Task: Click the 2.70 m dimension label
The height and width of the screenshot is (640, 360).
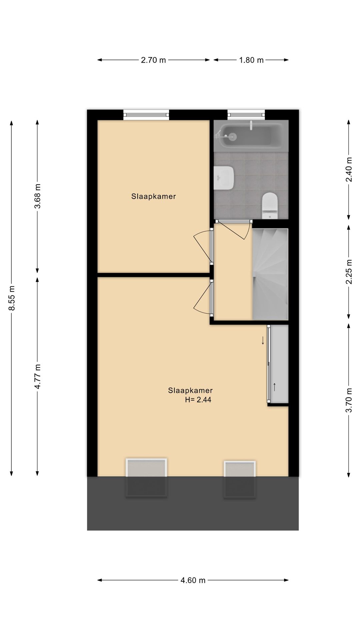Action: [153, 60]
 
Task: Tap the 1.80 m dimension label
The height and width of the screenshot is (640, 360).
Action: [251, 60]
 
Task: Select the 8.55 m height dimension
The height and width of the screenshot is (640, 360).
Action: [12, 298]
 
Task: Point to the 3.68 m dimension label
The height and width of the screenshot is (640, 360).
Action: [37, 196]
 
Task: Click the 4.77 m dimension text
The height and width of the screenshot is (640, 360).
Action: [37, 376]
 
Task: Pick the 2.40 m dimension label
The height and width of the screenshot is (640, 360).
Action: [349, 169]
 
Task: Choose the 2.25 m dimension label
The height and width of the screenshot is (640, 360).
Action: [349, 272]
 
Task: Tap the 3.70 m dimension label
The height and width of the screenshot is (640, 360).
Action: [349, 400]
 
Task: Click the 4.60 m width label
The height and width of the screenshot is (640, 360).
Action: [193, 580]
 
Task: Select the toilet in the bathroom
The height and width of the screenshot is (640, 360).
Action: [270, 206]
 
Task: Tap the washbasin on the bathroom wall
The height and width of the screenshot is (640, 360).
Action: [224, 178]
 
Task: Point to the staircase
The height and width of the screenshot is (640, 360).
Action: [270, 274]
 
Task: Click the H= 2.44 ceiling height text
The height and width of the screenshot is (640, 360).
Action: [198, 400]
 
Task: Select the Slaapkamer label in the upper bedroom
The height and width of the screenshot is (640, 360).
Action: [153, 196]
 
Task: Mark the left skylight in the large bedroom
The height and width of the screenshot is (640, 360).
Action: [146, 478]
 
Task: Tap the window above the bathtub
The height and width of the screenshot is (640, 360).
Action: [246, 115]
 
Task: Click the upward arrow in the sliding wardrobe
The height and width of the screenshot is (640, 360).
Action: [275, 387]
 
